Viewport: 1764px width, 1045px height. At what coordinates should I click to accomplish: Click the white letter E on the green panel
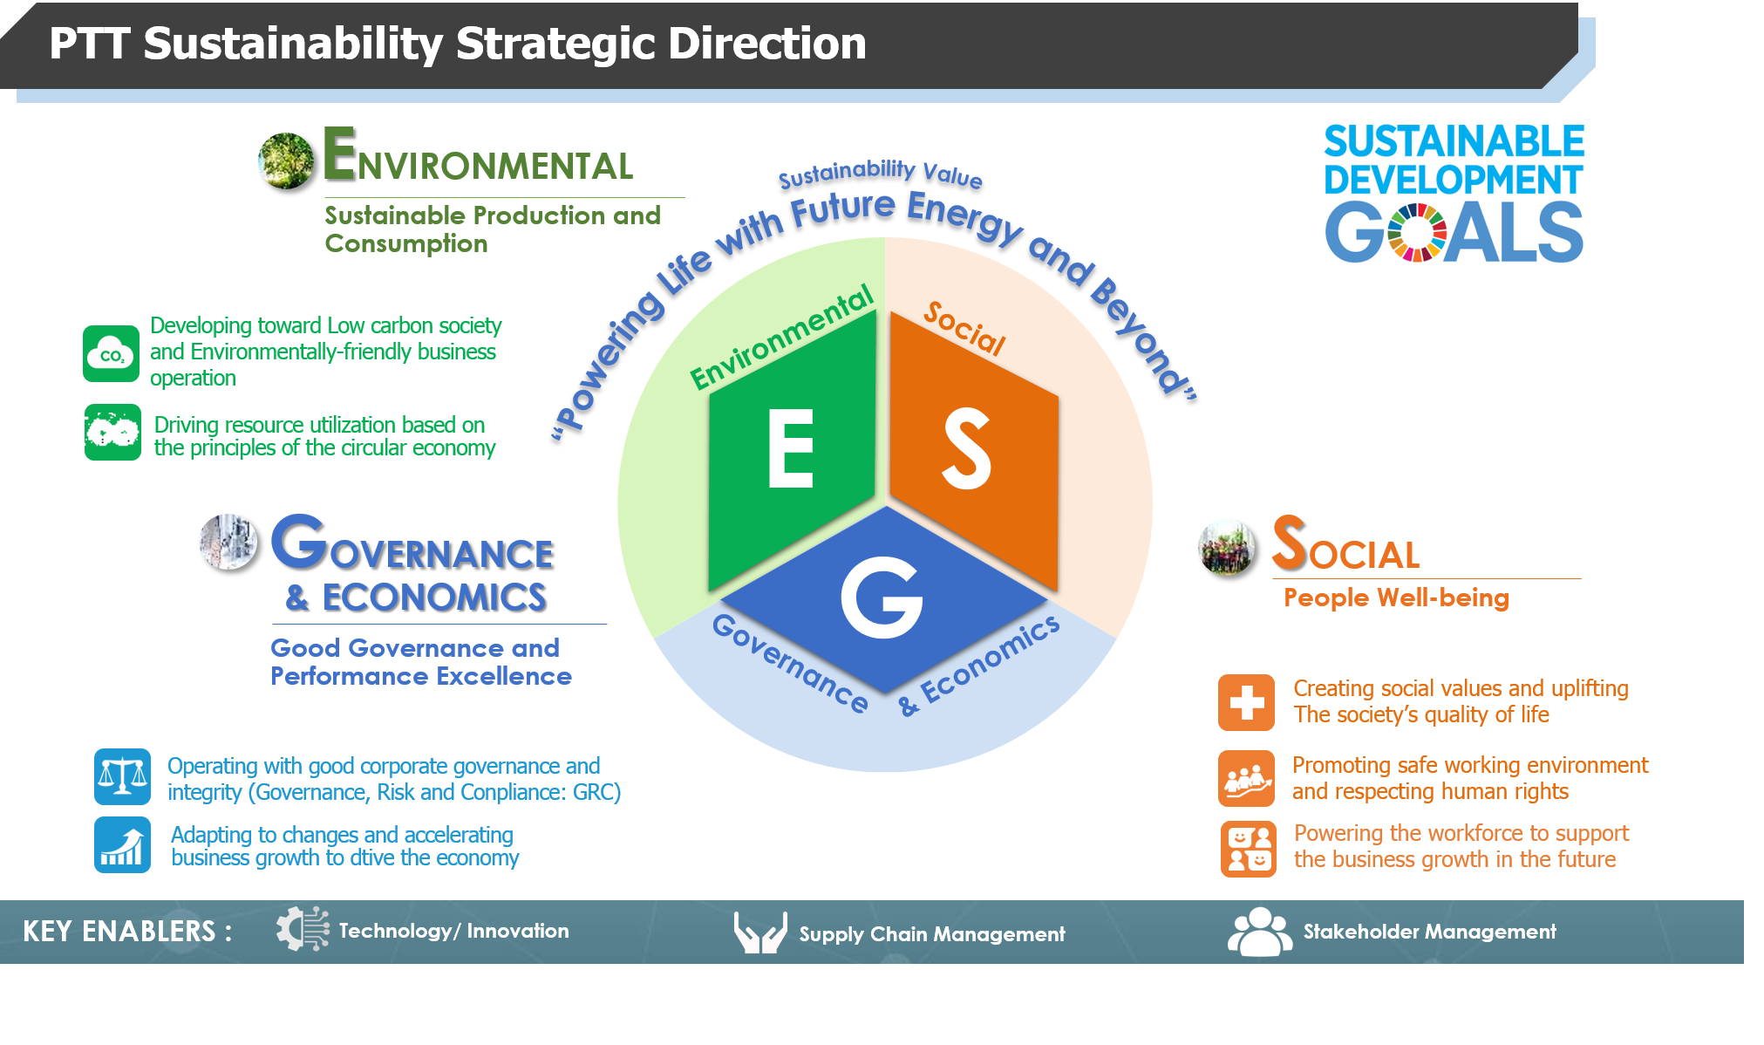(790, 448)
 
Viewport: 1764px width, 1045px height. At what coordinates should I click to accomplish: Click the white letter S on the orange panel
(966, 448)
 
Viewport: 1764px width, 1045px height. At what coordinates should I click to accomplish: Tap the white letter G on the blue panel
(882, 598)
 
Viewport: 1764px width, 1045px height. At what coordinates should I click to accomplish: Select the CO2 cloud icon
(111, 353)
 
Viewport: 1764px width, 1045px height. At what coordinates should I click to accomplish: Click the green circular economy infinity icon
(112, 432)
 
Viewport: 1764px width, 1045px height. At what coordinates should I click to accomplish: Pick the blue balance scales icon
(122, 776)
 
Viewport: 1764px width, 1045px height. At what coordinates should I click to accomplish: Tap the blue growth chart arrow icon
(122, 844)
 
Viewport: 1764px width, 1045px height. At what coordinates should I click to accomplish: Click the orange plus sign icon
(1246, 702)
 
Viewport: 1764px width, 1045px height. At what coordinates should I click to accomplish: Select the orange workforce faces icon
(1248, 849)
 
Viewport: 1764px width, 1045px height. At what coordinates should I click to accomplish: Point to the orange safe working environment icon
(1246, 779)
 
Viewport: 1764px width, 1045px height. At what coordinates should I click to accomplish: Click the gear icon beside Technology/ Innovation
(303, 929)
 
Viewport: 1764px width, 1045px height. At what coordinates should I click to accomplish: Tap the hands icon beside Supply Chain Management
(760, 932)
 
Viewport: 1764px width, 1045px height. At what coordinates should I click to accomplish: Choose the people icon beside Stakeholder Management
(1260, 932)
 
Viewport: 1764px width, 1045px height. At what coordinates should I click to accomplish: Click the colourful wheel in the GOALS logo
(1417, 233)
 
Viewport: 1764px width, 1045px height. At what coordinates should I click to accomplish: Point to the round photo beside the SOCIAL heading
(1228, 548)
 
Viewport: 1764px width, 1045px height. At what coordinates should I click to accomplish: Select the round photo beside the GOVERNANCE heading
(228, 542)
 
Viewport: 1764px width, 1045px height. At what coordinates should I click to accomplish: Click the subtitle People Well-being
(1396, 598)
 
